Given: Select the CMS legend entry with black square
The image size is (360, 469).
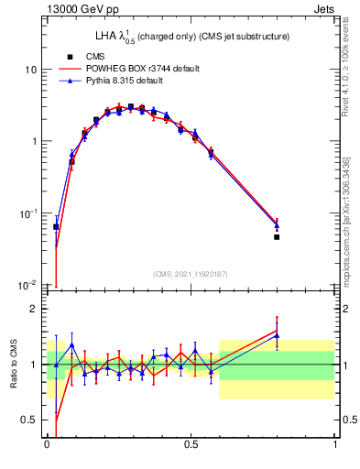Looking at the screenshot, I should click(x=90, y=56).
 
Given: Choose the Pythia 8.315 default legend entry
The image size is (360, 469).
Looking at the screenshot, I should click(x=116, y=81).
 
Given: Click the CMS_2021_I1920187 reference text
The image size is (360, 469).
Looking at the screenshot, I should click(x=191, y=274).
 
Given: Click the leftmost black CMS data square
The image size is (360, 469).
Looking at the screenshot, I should click(x=56, y=226).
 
